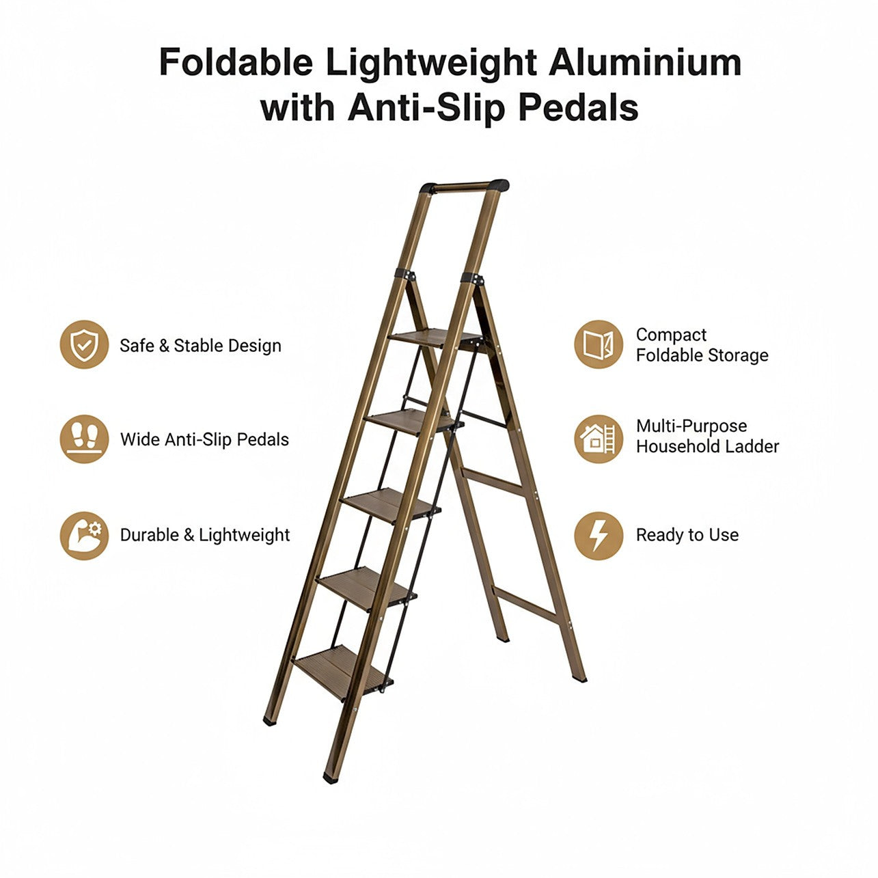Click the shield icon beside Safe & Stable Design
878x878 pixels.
84,344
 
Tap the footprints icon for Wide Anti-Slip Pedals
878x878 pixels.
84,439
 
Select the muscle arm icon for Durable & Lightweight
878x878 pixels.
84,536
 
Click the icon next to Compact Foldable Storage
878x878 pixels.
599,344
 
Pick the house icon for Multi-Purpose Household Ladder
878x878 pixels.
599,439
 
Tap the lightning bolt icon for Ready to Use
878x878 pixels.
599,536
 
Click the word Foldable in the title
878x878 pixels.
236,62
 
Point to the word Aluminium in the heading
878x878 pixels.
645,62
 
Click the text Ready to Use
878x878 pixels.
687,535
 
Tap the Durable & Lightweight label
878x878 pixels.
204,535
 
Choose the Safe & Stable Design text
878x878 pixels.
200,345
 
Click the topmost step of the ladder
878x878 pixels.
435,338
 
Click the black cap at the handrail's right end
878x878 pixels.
499,185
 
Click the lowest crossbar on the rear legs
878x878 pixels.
527,604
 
